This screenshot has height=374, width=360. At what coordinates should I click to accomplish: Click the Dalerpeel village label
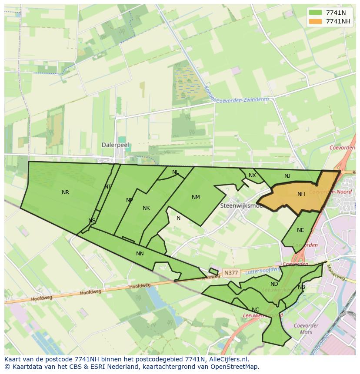point(115,145)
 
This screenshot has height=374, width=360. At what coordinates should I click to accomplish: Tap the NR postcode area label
point(65,192)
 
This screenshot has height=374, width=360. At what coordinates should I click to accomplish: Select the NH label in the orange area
point(301,194)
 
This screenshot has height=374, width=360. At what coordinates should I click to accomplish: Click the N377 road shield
point(230,273)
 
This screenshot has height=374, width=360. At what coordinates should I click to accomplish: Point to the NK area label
point(146,208)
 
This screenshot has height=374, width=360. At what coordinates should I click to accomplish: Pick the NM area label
point(196,197)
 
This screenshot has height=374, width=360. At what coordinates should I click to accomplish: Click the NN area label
point(140,254)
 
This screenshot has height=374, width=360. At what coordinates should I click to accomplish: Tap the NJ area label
point(287,176)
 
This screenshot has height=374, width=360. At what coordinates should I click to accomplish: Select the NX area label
point(252,175)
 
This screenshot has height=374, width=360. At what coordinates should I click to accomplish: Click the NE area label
point(300,230)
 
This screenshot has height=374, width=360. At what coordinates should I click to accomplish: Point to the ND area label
point(274,284)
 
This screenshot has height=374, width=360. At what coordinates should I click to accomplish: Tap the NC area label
point(255,310)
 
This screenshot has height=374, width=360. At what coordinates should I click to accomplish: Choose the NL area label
point(175,172)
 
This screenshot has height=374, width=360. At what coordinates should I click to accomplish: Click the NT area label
point(108,187)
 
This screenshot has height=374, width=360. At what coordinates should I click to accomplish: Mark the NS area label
point(92,221)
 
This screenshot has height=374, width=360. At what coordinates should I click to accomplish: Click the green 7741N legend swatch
point(315,13)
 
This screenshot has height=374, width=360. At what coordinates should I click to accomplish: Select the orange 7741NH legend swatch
point(315,21)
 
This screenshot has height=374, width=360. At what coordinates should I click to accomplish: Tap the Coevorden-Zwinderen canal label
point(242,99)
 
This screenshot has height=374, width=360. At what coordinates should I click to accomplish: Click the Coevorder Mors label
point(306,329)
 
